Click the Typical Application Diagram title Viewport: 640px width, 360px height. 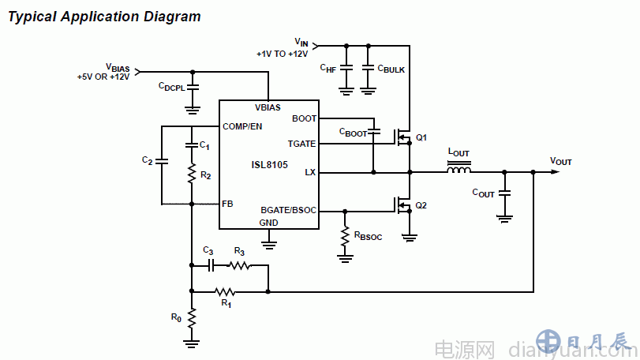[x=104, y=17]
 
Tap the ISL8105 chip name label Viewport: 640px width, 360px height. [x=270, y=166]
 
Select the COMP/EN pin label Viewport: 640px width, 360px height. [x=242, y=126]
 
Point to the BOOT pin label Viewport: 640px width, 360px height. [x=304, y=119]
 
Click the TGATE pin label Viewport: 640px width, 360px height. [x=302, y=144]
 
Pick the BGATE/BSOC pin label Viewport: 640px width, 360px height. [x=288, y=211]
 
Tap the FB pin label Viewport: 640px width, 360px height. [x=227, y=204]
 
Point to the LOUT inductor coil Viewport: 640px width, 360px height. [x=458, y=171]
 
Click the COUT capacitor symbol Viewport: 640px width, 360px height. [x=506, y=192]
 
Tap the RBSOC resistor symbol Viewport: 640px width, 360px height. [x=345, y=235]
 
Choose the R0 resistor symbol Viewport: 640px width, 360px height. [x=191, y=318]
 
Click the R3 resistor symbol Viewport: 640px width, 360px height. [x=239, y=266]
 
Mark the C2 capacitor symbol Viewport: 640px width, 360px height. [x=161, y=161]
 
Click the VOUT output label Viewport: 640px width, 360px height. [x=561, y=161]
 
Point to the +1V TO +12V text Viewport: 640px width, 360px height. [x=283, y=54]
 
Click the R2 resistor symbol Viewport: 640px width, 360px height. [x=191, y=174]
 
